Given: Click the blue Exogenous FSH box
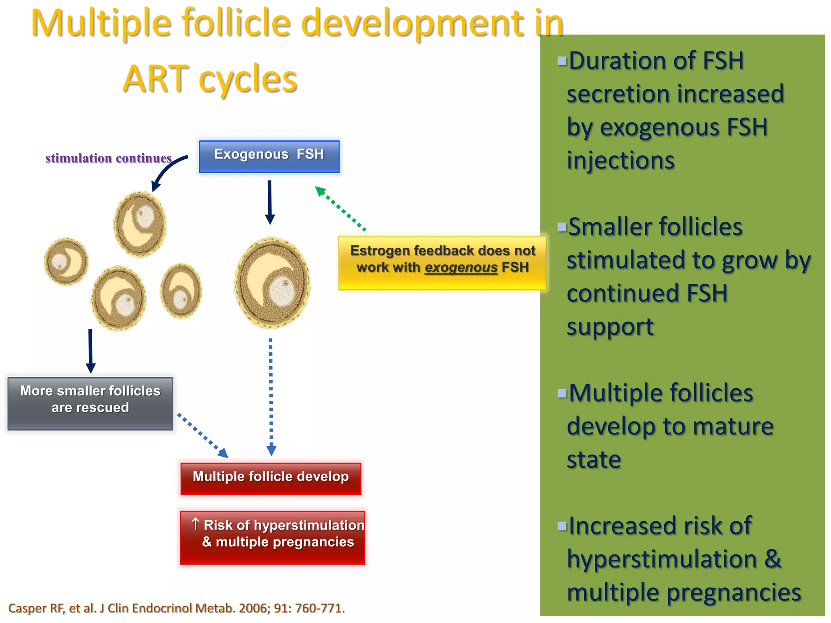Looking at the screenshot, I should (x=269, y=157).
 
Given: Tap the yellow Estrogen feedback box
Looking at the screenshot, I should (x=442, y=262).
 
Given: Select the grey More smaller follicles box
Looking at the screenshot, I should (x=90, y=403).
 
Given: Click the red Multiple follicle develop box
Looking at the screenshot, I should (x=271, y=479).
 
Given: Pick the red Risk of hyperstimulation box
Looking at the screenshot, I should (x=272, y=537).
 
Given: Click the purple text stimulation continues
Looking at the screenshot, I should (x=108, y=158).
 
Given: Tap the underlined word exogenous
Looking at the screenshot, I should (x=461, y=268).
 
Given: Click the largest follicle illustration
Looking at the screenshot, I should (x=273, y=283).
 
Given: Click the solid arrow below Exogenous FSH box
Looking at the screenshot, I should (x=270, y=202).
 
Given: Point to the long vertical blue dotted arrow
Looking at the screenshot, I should (x=271, y=395).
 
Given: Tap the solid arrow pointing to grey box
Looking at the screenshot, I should (x=90, y=350).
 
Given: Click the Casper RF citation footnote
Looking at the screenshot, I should (x=177, y=608).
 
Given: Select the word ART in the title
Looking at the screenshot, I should (x=156, y=79).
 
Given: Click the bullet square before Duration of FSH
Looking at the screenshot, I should (x=562, y=61).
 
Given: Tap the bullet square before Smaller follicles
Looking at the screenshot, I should (x=562, y=227).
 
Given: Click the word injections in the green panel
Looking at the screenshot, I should (x=620, y=161).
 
